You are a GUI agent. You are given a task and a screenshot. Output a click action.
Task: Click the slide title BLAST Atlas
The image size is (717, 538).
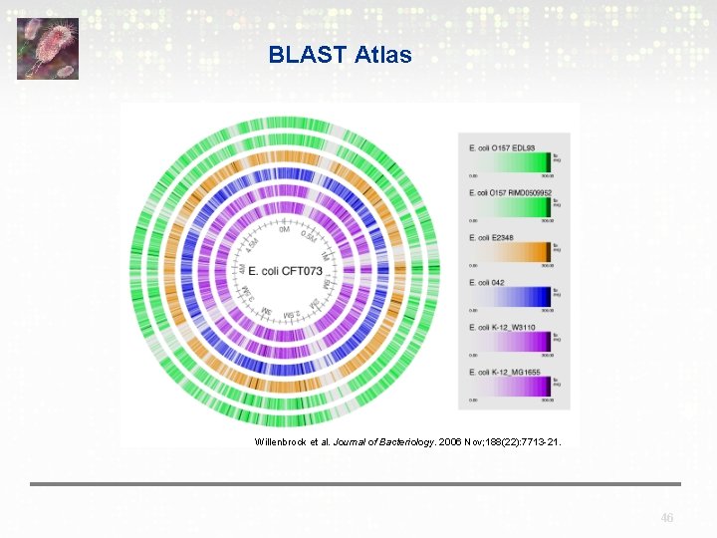pos(340,55)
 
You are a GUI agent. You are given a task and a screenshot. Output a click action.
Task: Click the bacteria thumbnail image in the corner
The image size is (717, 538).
pos(47,48)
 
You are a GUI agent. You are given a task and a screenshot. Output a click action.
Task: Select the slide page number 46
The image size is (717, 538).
pos(667,518)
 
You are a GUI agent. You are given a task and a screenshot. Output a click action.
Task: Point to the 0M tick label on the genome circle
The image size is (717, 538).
pos(284,230)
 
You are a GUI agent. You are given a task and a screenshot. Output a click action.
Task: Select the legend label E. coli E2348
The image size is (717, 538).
pos(491,237)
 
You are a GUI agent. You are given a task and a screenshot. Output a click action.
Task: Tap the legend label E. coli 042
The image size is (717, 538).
pos(486,282)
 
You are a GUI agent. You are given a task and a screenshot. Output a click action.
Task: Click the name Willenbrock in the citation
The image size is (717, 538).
pos(283,440)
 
